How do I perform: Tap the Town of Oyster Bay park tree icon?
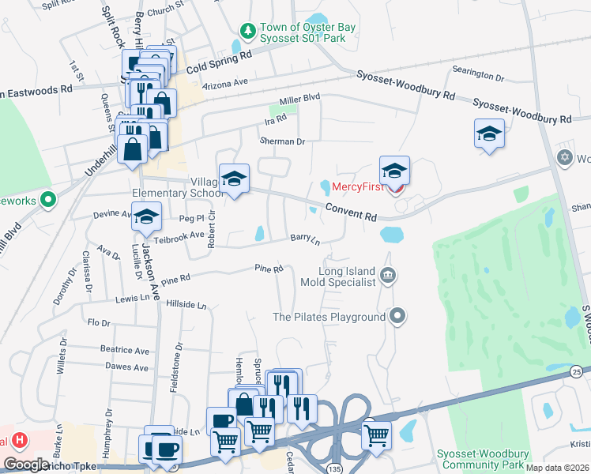coord(248,30)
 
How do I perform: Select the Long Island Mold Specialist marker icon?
coord(388,276)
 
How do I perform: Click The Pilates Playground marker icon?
coord(397,317)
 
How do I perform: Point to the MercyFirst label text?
coord(358,187)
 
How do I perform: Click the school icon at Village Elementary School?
coord(234,179)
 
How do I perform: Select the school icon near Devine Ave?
coord(146,217)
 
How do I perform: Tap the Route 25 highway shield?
coord(578,371)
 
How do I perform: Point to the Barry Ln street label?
coord(305,238)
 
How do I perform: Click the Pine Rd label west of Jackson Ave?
coord(175,279)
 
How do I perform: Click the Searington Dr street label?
coord(478,77)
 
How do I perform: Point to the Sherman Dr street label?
coord(282,141)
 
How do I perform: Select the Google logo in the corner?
coord(27,465)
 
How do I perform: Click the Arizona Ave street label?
coord(225,82)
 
